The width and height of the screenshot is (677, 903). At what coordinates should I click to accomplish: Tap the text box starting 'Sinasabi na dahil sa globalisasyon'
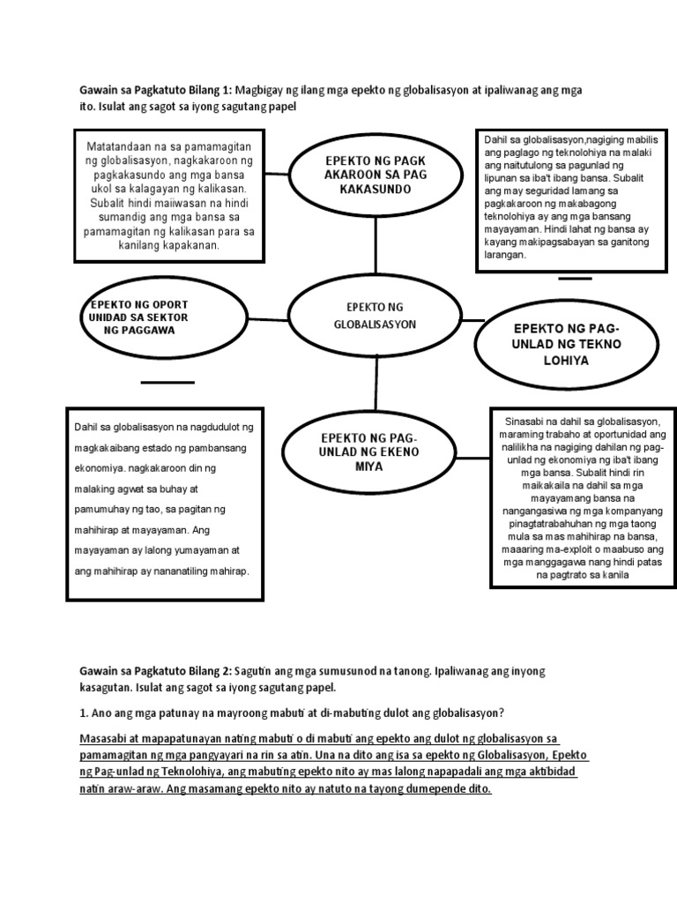point(578,498)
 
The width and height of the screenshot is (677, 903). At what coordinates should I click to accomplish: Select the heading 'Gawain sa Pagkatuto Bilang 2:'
point(155,671)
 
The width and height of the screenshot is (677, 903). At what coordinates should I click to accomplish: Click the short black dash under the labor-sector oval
point(167,382)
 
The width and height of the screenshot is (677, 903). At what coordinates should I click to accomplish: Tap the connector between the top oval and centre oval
point(376,244)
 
